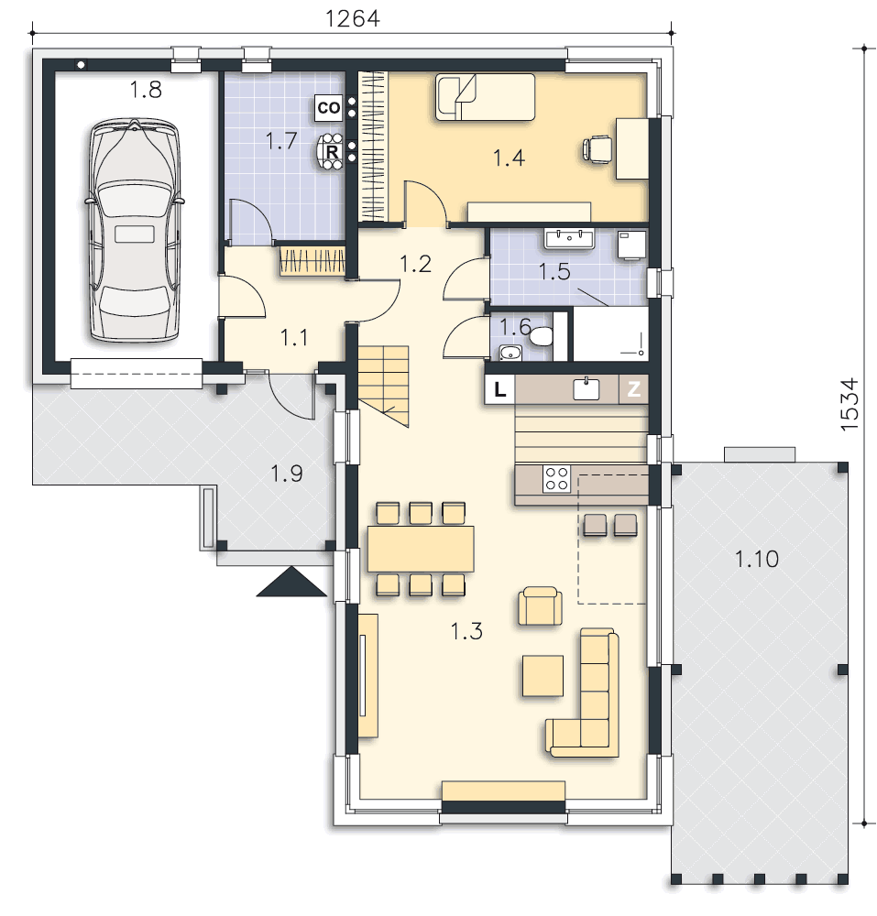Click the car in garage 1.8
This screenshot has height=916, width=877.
[x=136, y=230]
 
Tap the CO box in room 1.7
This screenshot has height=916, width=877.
[x=328, y=108]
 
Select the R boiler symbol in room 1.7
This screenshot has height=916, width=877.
[x=332, y=152]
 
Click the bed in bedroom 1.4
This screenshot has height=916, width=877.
[x=485, y=97]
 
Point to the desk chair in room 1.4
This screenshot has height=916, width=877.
[x=597, y=147]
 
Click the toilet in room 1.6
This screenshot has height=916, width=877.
[x=541, y=336]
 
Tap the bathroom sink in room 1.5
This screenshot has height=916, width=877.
[x=568, y=239]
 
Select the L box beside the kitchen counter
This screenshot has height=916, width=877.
[x=499, y=389]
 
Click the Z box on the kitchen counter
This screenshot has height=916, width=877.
[x=634, y=389]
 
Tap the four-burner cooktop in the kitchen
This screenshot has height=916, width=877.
[x=556, y=478]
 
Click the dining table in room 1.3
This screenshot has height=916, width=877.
[x=420, y=549]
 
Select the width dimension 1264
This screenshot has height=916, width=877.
[x=352, y=18]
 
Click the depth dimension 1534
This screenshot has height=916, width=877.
[x=850, y=404]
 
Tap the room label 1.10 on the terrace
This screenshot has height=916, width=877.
[x=757, y=559]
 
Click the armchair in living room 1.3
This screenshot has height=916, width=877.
[x=541, y=606]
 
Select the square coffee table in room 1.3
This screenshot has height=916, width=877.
[x=543, y=676]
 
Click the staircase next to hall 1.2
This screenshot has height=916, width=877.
[x=383, y=387]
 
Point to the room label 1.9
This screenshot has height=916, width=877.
[x=287, y=474]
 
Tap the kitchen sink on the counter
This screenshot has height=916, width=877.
[x=586, y=388]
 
